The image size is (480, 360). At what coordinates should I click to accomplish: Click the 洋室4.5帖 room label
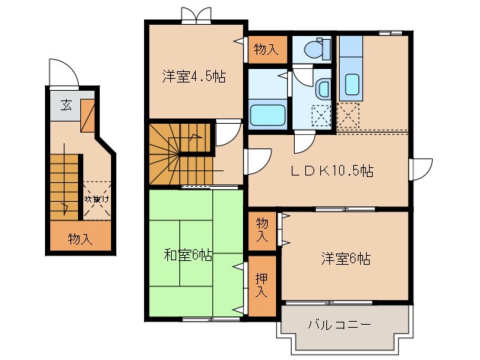pyautogui.click(x=194, y=76)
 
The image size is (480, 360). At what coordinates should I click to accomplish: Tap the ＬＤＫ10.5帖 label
pyautogui.click(x=332, y=170)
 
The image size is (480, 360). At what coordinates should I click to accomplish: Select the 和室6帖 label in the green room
pyautogui.click(x=187, y=255)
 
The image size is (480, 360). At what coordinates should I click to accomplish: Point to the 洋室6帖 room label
pyautogui.click(x=345, y=259)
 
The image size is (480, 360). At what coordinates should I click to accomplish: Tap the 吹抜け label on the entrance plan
pyautogui.click(x=97, y=199)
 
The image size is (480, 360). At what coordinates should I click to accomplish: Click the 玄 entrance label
pyautogui.click(x=67, y=104)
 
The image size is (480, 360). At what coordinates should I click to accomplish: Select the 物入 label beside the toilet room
pyautogui.click(x=266, y=50)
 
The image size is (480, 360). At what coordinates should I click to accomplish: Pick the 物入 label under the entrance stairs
pyautogui.click(x=79, y=239)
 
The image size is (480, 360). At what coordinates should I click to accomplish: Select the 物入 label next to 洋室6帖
pyautogui.click(x=262, y=229)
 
